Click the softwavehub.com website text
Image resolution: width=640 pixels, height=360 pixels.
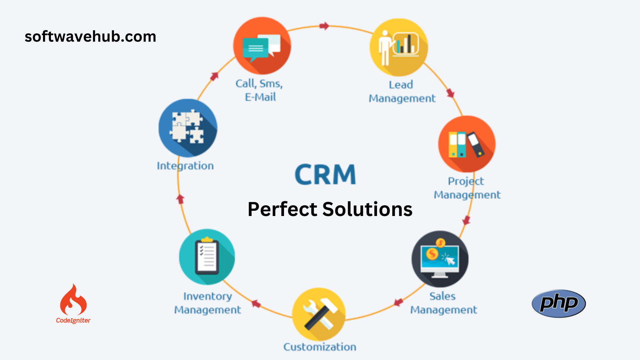[90, 37]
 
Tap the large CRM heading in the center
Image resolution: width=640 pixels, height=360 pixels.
[325, 174]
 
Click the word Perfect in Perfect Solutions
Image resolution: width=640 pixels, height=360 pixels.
[282, 209]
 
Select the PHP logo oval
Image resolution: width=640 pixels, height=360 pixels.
[559, 303]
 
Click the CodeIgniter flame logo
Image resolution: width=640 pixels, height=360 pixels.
[73, 300]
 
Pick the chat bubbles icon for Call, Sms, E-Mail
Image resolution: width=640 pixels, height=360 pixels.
[262, 46]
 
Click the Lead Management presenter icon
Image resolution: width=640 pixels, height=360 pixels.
[399, 47]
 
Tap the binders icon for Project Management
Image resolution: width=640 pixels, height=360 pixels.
[467, 144]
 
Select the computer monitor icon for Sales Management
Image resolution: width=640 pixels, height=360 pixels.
[440, 259]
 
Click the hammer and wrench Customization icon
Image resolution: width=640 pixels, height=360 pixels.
[319, 314]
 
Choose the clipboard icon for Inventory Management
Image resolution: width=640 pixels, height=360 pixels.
[207, 257]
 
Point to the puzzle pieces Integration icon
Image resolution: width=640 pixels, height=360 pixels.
[188, 128]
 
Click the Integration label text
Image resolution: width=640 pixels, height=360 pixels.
[185, 166]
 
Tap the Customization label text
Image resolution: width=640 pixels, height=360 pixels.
[320, 347]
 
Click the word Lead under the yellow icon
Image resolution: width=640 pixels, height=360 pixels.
[401, 85]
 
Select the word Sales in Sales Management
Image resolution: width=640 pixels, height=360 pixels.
[442, 296]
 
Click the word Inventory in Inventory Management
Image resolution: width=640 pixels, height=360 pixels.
[208, 296]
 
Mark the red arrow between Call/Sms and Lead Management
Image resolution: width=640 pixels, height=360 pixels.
[324, 26]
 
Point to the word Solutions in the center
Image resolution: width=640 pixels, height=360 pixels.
[367, 209]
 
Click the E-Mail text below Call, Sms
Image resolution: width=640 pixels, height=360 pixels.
[260, 97]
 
